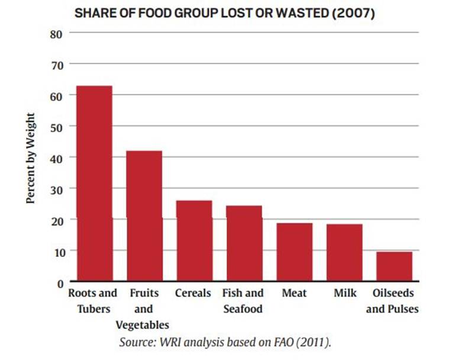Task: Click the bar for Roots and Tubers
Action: pos(94,184)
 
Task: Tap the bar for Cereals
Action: pos(194,241)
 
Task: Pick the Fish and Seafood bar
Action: pos(244,243)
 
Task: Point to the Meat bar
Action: pos(294,252)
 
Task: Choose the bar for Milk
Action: pos(344,253)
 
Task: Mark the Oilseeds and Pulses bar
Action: pos(394,266)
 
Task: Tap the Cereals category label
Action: pos(193,293)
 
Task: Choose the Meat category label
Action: pos(294,293)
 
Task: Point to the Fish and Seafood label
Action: pos(243,301)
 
